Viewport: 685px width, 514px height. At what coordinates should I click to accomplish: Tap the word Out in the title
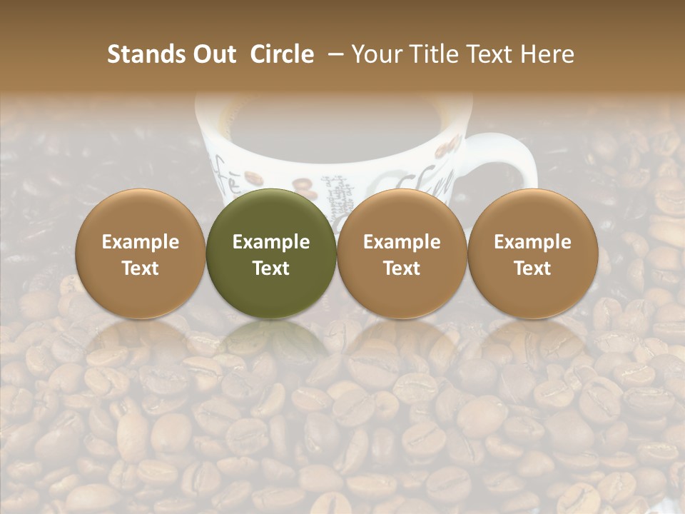coord(213,54)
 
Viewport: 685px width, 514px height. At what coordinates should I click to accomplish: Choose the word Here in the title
coord(548,54)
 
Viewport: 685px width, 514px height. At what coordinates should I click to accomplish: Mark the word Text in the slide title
coord(491,54)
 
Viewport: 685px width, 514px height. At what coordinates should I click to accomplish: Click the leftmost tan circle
coord(141,253)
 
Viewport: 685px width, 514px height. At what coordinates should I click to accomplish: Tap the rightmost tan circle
coord(532,253)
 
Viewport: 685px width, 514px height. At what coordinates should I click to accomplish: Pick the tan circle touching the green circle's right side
coord(402,253)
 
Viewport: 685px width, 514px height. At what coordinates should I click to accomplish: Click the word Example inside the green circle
coord(271,242)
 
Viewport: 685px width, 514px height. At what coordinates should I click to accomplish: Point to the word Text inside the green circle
coord(271,268)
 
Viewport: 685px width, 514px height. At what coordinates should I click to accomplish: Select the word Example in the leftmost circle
coord(141,242)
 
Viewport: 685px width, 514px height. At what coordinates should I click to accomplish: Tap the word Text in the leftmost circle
coord(141,268)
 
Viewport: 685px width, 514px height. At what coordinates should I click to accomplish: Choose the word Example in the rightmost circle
coord(532,242)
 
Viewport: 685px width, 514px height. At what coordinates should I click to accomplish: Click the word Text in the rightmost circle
coord(532,268)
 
